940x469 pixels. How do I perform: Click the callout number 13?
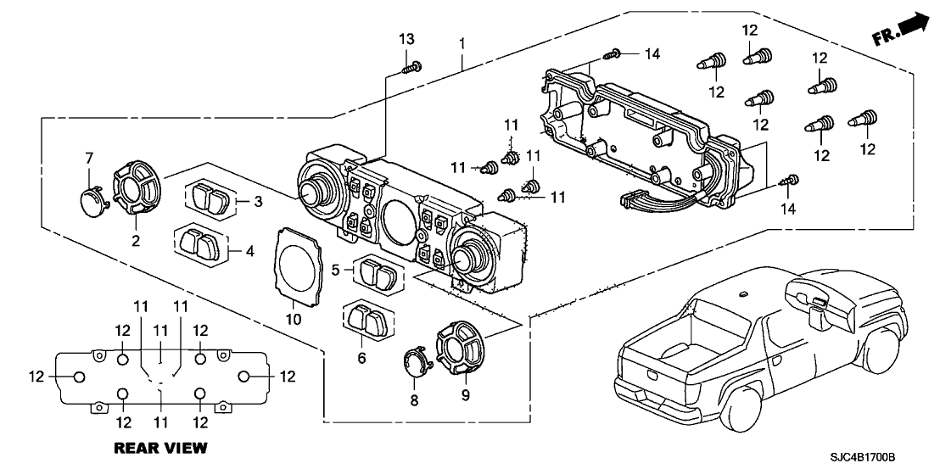point(407,41)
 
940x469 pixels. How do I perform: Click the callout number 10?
point(293,320)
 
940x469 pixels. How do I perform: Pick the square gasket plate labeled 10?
point(299,263)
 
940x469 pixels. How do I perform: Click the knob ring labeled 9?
point(462,349)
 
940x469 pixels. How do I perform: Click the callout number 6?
point(362,359)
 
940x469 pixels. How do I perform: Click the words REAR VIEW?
point(160,447)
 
